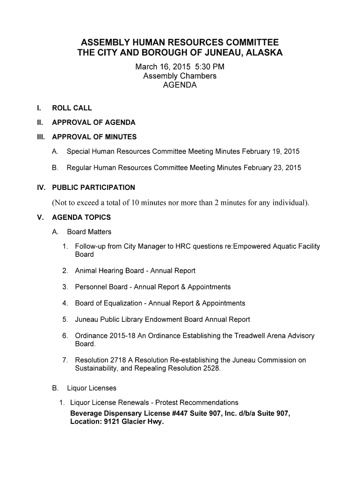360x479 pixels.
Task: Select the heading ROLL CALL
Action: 72,108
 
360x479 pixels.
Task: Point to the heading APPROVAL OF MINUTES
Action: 94,137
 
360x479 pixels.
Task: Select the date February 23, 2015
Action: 273,167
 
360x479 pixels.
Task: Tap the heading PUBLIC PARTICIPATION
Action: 94,188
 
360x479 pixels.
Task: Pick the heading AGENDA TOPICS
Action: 81,218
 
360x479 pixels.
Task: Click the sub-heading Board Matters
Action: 89,232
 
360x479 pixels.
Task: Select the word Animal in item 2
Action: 86,271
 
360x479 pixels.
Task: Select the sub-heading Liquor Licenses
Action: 92,388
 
